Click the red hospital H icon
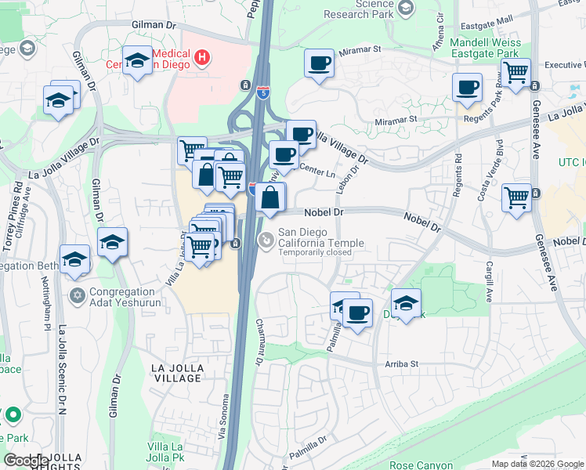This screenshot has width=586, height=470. point(202,57)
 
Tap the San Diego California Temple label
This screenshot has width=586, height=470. point(321,237)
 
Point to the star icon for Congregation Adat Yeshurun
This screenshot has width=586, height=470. point(77,295)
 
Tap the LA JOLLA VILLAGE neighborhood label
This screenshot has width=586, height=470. point(177,372)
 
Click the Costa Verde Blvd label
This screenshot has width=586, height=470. point(498,169)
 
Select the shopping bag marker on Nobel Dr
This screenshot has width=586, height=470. point(269,197)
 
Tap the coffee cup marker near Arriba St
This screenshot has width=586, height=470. point(358,313)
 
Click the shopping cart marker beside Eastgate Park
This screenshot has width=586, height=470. point(515,73)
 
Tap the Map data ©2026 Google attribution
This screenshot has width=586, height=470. point(537,464)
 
